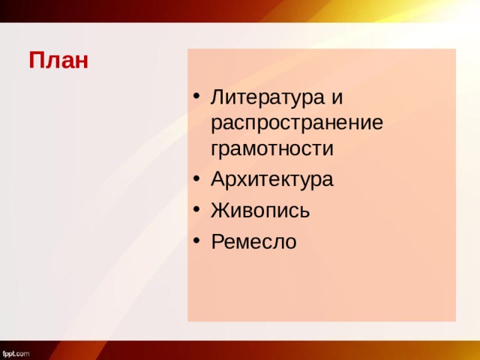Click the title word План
[58, 60]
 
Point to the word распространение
[297, 123]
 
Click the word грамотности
[271, 148]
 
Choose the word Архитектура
[272, 180]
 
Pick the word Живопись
[259, 211]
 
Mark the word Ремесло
[253, 241]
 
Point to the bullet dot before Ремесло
[196, 241]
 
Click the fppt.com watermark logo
[16, 352]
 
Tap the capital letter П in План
[37, 60]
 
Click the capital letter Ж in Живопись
[220, 211]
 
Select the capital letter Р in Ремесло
[217, 241]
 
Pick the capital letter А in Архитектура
[218, 180]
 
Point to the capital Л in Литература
[218, 97]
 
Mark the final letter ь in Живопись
[304, 211]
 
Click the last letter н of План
[81, 61]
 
